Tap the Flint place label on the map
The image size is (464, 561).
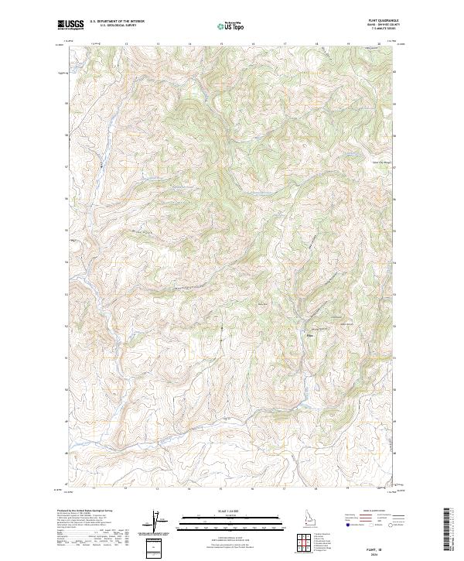pyautogui.click(x=312, y=335)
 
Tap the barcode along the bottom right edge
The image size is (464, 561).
pyautogui.click(x=446, y=526)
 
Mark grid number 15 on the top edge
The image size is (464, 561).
pyautogui.click(x=221, y=44)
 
